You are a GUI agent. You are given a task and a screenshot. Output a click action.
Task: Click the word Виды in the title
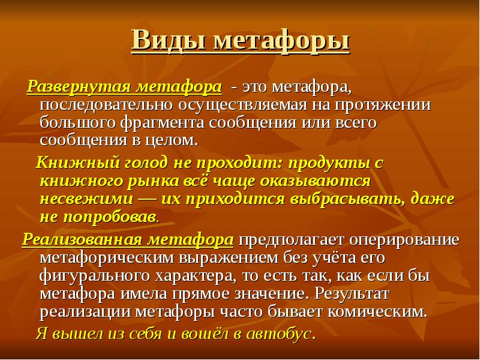pos(169,40)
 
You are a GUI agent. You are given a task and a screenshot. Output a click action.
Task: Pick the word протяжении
pos(383,105)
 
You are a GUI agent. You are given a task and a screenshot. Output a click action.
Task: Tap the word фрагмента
pos(161,123)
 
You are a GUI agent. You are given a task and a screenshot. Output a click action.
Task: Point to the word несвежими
pos(86,199)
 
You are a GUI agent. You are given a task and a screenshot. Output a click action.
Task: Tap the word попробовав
pos(109,217)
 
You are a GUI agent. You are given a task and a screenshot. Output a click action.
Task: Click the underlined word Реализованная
pos(82,239)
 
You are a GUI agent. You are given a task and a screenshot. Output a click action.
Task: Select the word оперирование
pos(404,240)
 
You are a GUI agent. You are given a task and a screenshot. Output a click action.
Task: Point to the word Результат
pos(352,294)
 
